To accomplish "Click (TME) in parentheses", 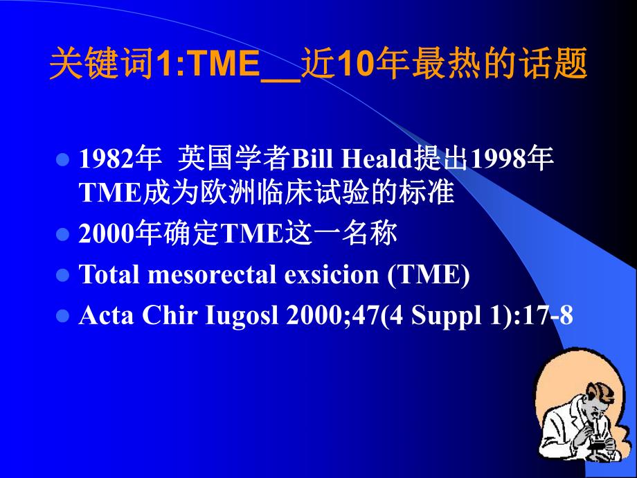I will (429, 275).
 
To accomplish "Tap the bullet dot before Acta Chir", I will (63, 316).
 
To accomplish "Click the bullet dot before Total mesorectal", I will (63, 276).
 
